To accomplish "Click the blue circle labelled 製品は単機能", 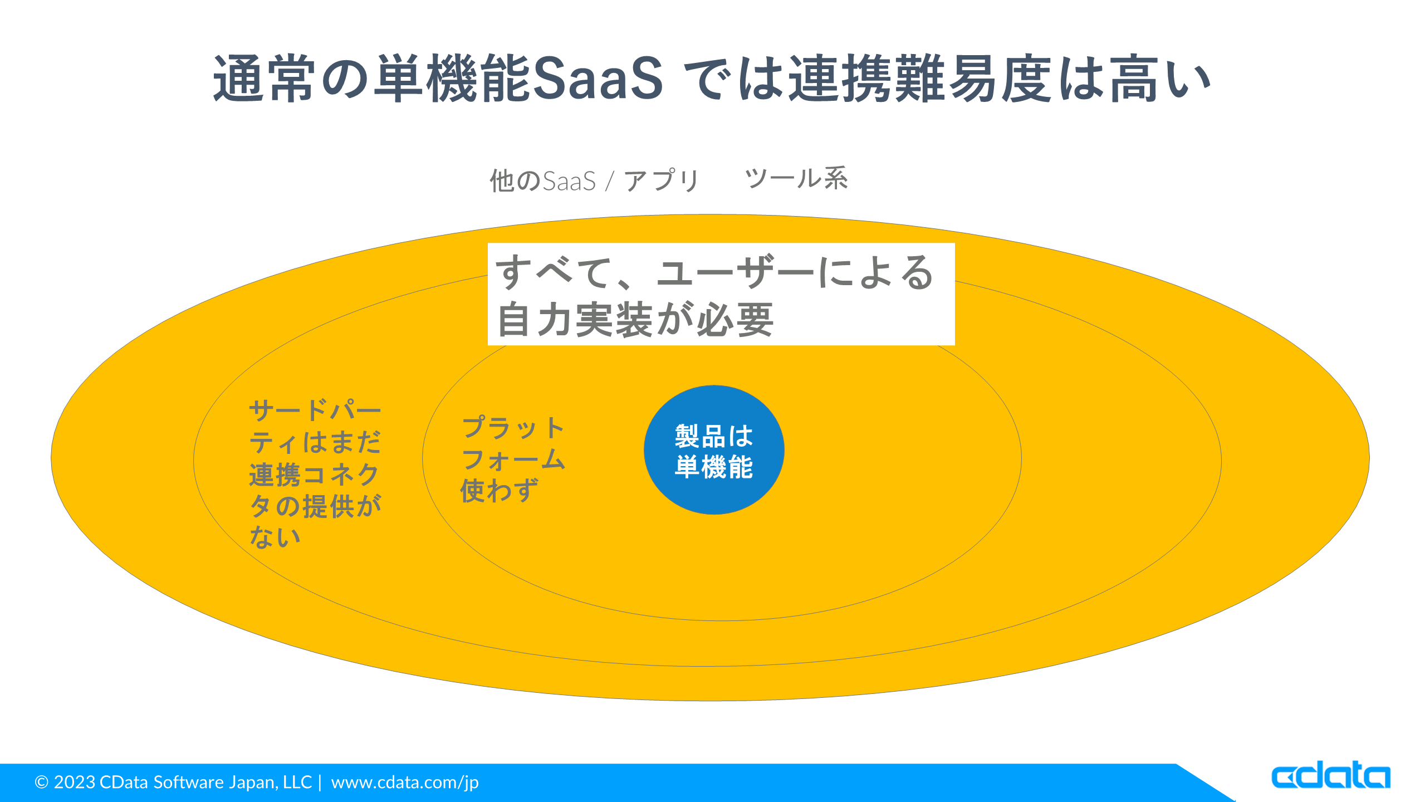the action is coord(714,450).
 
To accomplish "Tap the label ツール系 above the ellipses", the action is coord(796,179).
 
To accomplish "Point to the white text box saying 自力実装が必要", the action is coord(721,294).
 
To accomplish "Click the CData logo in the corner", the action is coord(1331,775).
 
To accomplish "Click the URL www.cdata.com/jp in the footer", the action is coord(405,783).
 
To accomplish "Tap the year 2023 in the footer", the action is coord(75,782).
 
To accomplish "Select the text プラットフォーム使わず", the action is coord(513,459).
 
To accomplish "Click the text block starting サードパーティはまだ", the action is coord(315,473).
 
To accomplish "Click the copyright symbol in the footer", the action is coord(41,783).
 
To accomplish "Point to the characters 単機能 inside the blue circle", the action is coord(714,467).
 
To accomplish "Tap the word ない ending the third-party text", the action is coord(275,537).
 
